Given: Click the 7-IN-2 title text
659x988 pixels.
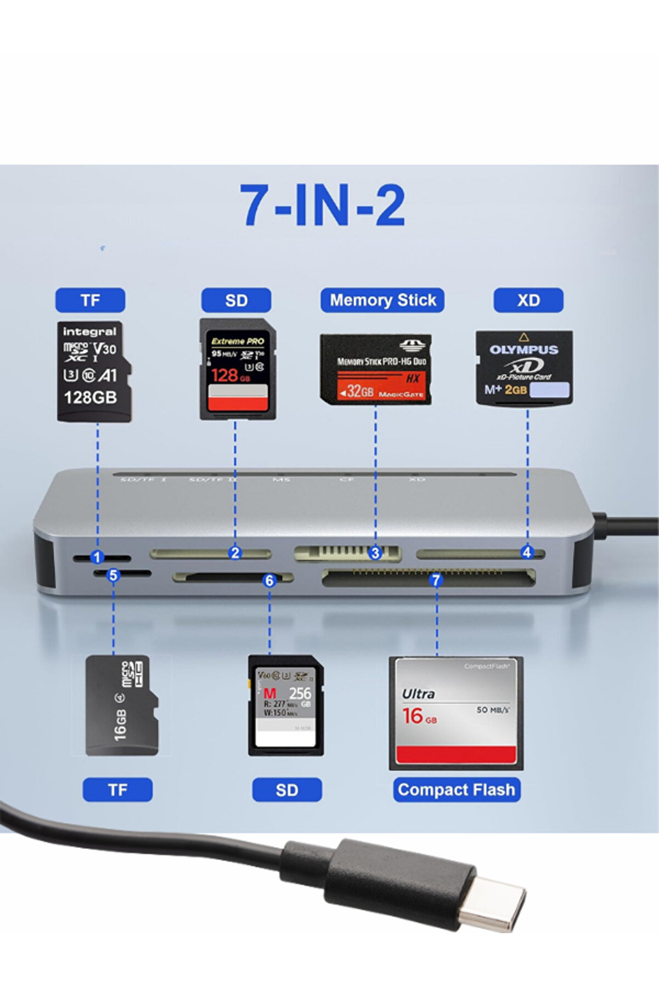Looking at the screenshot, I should coord(323,205).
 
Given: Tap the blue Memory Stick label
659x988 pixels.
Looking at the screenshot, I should coord(382,300).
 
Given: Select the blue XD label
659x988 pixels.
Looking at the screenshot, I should coord(528,300).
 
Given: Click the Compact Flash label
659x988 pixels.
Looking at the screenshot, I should coord(457,789).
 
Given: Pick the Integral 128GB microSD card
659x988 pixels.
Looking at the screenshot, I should coord(94,371).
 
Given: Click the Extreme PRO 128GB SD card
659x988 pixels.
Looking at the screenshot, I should coord(237,369).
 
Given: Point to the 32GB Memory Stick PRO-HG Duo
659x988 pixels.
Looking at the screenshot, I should coord(376,369).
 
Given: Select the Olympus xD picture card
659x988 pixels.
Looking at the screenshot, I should coord(524,368).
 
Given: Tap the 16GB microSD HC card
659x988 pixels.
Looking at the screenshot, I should coord(122,705).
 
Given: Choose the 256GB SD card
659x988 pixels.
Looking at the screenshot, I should coord(286,705).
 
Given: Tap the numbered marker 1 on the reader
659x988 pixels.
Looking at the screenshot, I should coord(97,557).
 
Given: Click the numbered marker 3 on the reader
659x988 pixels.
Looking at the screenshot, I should coord(375,553).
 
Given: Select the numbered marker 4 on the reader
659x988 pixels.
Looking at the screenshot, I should coord(527,552).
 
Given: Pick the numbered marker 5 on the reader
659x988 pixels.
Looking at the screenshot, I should coord(113,575).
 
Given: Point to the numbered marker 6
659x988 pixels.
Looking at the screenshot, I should coord(269,580).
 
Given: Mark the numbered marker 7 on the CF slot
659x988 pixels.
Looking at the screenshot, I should coord(436,580).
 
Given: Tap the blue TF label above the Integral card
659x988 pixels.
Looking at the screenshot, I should coord(90,300).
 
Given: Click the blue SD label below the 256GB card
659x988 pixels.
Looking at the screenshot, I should coord(286,790).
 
